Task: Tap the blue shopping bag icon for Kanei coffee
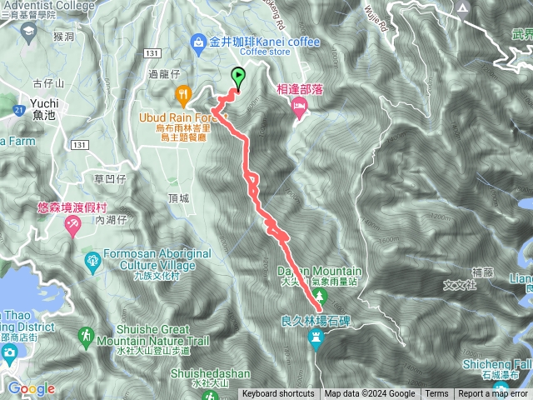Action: tap(199, 40)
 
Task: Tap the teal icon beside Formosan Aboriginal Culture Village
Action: tap(92, 264)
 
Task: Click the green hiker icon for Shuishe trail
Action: tap(85, 336)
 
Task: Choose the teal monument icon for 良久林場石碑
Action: tap(316, 336)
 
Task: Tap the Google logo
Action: tap(31, 388)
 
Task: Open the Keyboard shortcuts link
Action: tap(278, 394)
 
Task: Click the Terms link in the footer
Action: tap(436, 394)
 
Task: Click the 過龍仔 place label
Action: tap(163, 74)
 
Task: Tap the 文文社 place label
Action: tap(460, 284)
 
